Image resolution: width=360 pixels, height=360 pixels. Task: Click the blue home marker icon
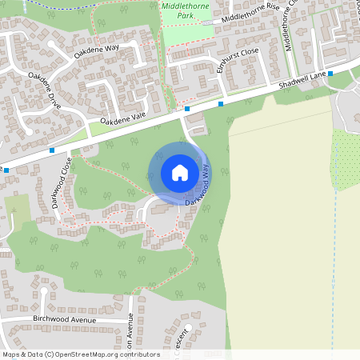[180, 173]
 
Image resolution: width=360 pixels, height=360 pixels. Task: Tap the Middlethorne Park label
[179, 10]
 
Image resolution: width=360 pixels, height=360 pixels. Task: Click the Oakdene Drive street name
[44, 90]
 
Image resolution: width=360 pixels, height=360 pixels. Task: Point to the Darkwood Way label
[199, 186]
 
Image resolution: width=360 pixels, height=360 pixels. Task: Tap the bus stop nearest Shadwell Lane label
[330, 74]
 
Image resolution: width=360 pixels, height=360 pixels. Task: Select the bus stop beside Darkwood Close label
[52, 150]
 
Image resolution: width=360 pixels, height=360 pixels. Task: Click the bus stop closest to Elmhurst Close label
[221, 103]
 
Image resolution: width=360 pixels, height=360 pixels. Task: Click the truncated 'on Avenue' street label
[130, 331]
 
